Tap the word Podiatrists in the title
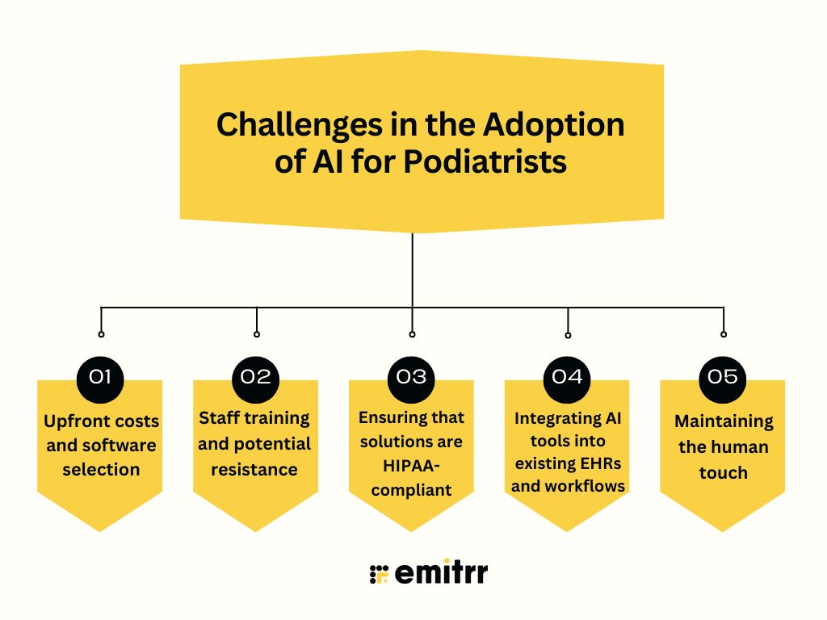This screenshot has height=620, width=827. click(x=485, y=161)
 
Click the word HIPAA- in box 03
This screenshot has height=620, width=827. click(x=412, y=466)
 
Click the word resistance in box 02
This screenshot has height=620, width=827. click(x=254, y=469)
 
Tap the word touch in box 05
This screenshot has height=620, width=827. click(x=723, y=472)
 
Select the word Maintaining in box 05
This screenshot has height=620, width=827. click(x=723, y=421)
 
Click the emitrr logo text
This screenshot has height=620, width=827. click(x=441, y=573)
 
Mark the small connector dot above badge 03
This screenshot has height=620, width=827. click(x=412, y=333)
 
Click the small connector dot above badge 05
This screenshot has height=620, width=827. click(x=723, y=333)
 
